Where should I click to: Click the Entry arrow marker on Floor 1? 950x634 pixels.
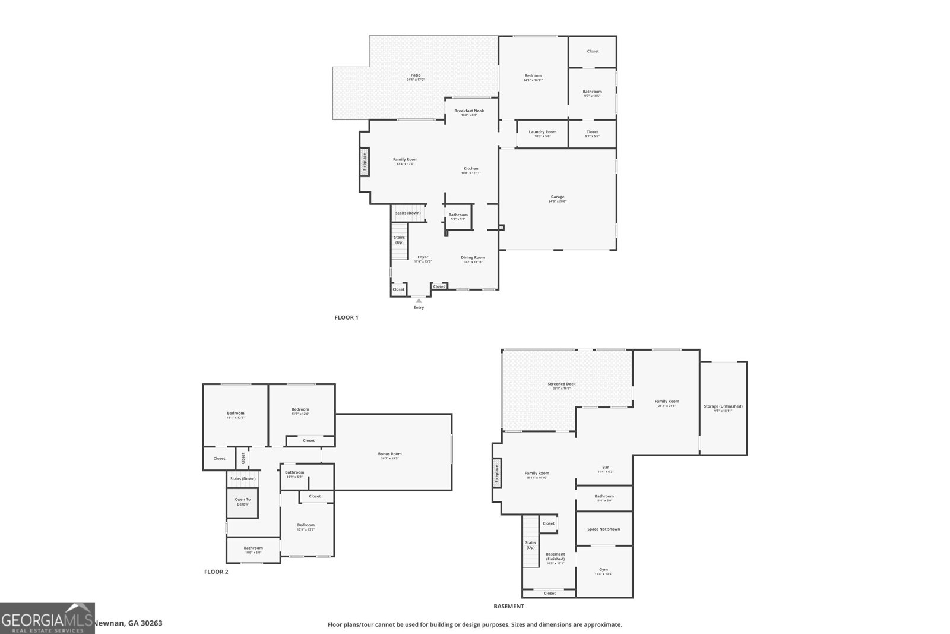pyautogui.click(x=419, y=301)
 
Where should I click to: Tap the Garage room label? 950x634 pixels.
pyautogui.click(x=557, y=197)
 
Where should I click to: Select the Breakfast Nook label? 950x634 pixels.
pyautogui.click(x=469, y=111)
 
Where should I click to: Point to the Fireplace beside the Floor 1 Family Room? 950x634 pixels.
pyautogui.click(x=365, y=162)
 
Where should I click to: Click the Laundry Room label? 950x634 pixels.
pyautogui.click(x=542, y=132)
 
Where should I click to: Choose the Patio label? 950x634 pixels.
pyautogui.click(x=416, y=75)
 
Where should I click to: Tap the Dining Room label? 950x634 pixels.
pyautogui.click(x=473, y=258)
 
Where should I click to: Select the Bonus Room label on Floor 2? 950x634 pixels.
pyautogui.click(x=389, y=454)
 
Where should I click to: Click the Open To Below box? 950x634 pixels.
pyautogui.click(x=242, y=502)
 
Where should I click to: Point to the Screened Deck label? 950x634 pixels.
pyautogui.click(x=561, y=384)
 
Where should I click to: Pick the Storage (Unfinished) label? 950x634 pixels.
pyautogui.click(x=723, y=406)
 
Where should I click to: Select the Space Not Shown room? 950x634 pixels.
pyautogui.click(x=603, y=529)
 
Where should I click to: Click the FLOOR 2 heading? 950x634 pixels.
pyautogui.click(x=216, y=572)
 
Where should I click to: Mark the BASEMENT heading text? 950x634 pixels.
pyautogui.click(x=509, y=607)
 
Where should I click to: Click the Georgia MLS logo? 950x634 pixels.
pyautogui.click(x=47, y=618)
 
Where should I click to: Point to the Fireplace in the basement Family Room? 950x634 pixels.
pyautogui.click(x=497, y=474)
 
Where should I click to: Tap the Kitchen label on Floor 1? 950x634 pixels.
pyautogui.click(x=470, y=169)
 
